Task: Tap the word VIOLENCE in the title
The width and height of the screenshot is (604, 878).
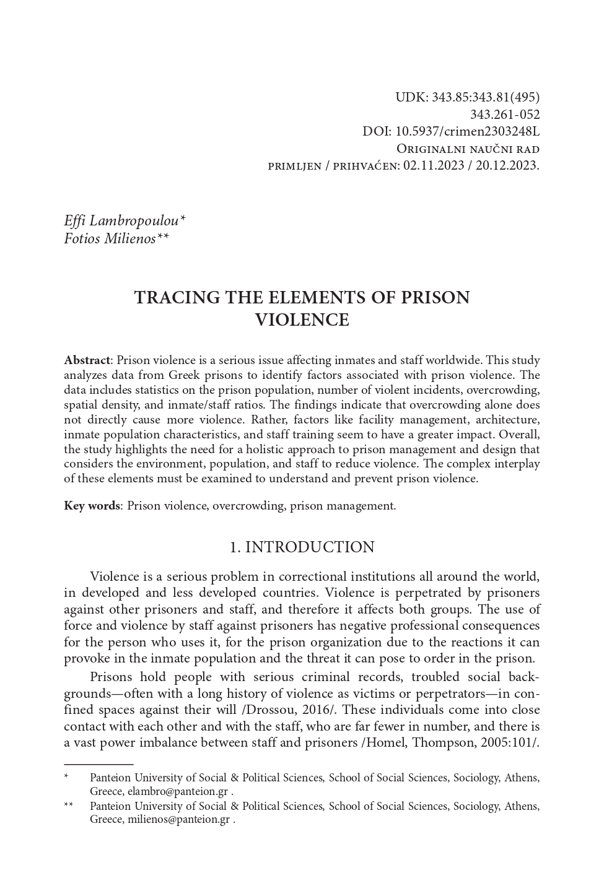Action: (x=302, y=320)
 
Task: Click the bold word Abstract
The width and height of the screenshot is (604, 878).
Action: (x=87, y=360)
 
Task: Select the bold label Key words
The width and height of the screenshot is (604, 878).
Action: (x=92, y=506)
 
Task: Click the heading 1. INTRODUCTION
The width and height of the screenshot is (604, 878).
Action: (x=302, y=547)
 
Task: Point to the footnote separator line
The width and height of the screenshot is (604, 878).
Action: (x=98, y=765)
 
